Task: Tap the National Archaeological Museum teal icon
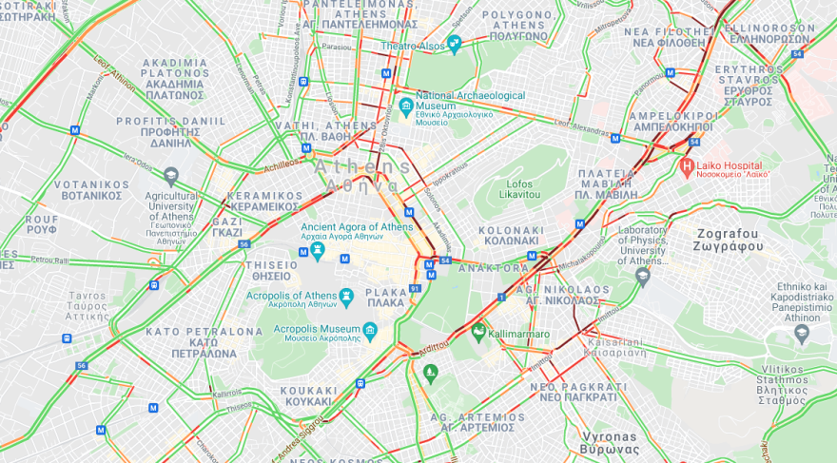(406, 104)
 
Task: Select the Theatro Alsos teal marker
(454, 43)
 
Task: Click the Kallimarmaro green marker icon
(478, 332)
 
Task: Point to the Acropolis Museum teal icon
(370, 331)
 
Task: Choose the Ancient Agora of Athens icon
(318, 251)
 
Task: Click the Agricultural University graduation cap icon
(171, 175)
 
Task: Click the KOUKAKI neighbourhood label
(309, 395)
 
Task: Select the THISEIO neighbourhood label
(272, 271)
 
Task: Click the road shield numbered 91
(415, 288)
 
